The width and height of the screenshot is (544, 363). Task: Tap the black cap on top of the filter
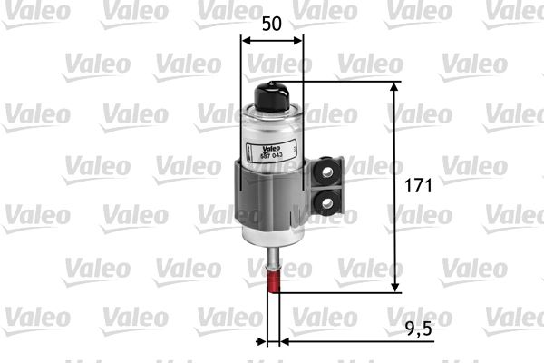point(272,93)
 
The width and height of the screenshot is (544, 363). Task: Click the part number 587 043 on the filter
point(272,156)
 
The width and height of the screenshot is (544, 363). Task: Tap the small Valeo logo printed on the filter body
point(271,149)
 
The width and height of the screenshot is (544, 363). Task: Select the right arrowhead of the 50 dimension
point(298,39)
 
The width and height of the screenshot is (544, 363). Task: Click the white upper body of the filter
point(271,132)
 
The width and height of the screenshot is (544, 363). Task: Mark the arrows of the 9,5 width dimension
point(273,342)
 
